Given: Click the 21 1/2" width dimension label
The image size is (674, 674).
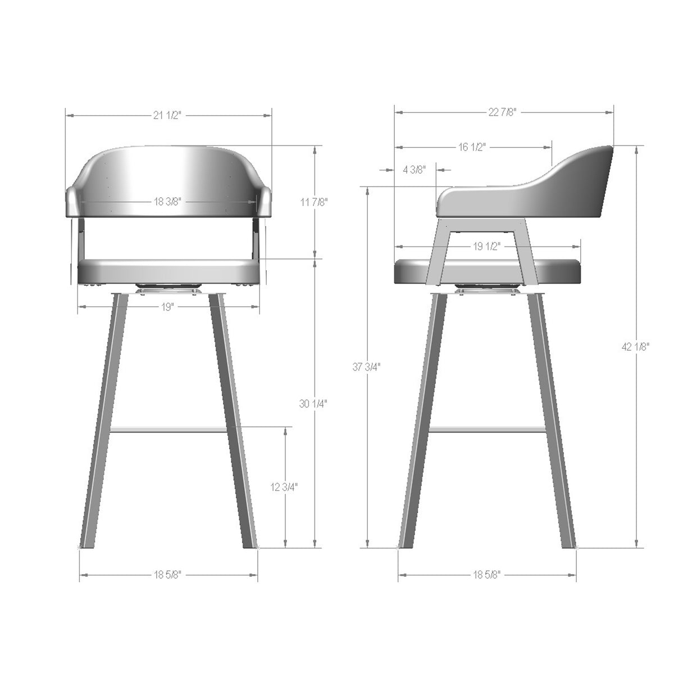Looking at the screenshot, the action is (168, 115).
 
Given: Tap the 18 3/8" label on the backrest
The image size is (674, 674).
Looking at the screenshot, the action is (168, 202).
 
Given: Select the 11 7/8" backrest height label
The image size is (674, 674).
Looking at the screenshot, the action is (314, 202).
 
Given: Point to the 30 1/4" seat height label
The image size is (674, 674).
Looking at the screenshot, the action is (313, 404).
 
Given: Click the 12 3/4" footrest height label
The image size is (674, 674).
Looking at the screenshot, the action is (284, 486).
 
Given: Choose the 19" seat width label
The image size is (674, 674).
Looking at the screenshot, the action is (168, 307).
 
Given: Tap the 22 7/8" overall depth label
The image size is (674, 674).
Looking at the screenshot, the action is (502, 112).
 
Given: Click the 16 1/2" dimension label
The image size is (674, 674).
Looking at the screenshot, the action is (472, 147).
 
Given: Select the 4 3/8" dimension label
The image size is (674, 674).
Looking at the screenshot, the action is (414, 170).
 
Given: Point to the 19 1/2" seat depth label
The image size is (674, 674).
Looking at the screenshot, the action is (487, 247).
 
